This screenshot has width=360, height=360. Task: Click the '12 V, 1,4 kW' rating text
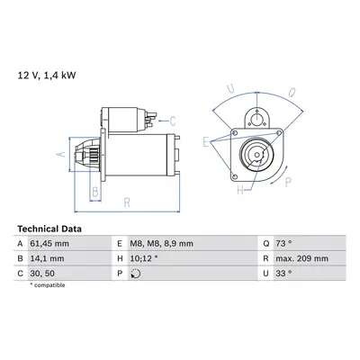pos(47,76)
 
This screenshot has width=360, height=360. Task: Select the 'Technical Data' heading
pos(49,229)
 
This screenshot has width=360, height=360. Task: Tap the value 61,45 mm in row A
pos(49,244)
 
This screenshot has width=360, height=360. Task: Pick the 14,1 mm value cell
pos(47,258)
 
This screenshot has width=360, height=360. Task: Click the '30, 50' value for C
pos(42,274)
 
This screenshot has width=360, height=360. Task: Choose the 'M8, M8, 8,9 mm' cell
pos(161,244)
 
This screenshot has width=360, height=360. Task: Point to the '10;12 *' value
pos(144,258)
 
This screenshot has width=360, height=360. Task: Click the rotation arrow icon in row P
pos(136,274)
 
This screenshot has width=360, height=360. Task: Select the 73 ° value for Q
pos(283,244)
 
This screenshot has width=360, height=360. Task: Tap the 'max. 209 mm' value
pos(301,258)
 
